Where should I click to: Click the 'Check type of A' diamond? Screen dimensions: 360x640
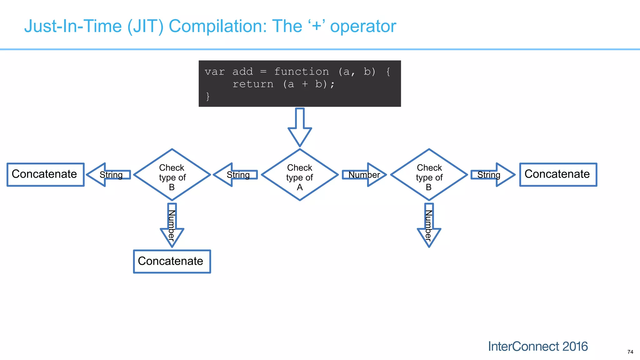[x=300, y=175]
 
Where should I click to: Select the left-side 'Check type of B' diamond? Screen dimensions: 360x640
[x=172, y=175]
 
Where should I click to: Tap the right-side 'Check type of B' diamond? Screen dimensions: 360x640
[x=429, y=175]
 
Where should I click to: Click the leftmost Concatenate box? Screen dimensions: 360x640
[x=46, y=175]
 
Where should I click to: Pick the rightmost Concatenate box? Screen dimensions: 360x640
[x=558, y=175]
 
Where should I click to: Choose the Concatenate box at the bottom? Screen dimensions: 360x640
[x=172, y=262]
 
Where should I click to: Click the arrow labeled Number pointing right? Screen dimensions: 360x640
[x=364, y=175]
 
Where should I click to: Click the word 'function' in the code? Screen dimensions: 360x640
[x=301, y=72]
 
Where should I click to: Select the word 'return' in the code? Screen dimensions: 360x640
[x=253, y=84]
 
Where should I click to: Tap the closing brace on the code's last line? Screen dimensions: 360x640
[x=208, y=96]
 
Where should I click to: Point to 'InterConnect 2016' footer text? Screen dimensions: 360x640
[x=538, y=346]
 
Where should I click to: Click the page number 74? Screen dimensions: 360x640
[x=630, y=352]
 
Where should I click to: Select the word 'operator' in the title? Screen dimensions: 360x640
[x=363, y=26]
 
